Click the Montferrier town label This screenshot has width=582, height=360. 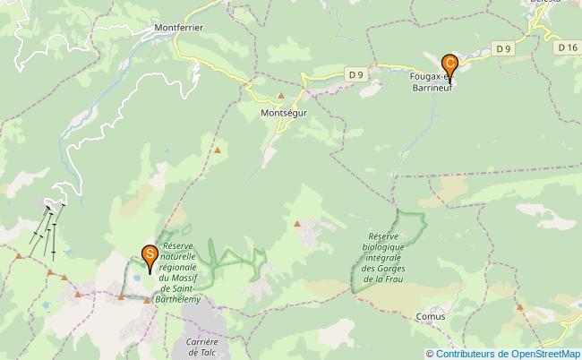[x=179, y=28]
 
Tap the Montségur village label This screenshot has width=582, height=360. [x=284, y=114]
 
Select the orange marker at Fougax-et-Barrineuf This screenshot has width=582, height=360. [x=449, y=65]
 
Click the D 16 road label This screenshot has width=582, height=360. [x=565, y=47]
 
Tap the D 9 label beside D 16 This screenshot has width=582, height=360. [x=503, y=48]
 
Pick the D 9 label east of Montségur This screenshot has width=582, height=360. [x=356, y=73]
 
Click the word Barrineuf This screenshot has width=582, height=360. [x=431, y=88]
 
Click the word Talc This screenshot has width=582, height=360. [x=203, y=353]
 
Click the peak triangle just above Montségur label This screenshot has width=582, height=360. [x=281, y=96]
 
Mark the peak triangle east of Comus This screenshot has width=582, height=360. [x=519, y=307]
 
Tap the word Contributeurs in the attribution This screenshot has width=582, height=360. [x=465, y=353]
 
